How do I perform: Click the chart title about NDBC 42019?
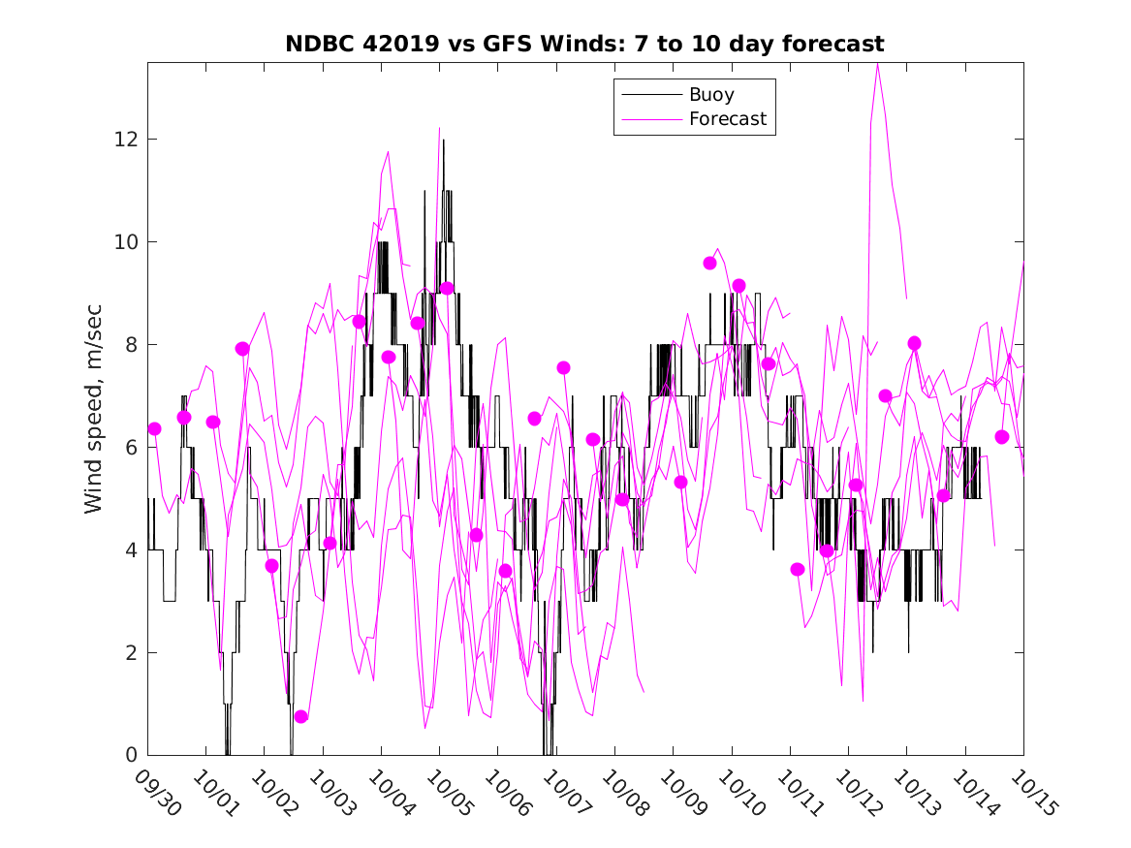[584, 45]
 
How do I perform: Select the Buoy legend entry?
[710, 95]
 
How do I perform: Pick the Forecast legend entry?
[727, 119]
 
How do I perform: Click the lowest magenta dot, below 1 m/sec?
[300, 716]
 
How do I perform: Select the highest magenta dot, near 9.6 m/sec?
[709, 263]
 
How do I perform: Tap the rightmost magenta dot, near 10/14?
[1002, 437]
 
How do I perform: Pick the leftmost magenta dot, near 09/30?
[154, 428]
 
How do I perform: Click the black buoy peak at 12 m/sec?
[444, 141]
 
